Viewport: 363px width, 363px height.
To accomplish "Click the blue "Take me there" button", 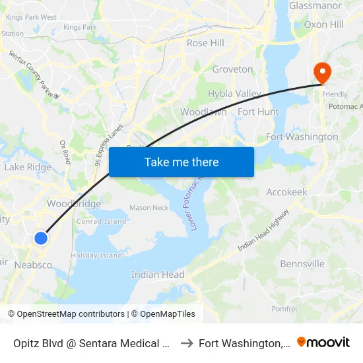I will (x=181, y=162).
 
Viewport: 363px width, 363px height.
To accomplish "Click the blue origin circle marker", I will (x=41, y=238).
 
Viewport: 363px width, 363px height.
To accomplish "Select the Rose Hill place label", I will (x=205, y=43).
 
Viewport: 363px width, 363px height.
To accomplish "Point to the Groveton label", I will (x=232, y=69).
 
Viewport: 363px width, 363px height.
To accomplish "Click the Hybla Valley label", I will (x=234, y=94).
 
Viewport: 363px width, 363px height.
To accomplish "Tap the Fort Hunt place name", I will (x=258, y=112).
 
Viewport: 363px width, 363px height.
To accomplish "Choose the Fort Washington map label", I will (x=302, y=137).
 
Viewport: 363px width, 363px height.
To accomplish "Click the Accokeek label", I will (x=286, y=192).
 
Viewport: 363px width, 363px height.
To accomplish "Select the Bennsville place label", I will (x=302, y=264).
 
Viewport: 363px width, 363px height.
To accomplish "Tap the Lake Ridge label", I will (x=28, y=167).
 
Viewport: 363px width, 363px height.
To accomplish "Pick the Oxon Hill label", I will (x=323, y=24).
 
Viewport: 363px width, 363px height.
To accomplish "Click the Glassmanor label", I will (x=315, y=6).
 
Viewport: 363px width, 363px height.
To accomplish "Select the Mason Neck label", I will (x=148, y=208).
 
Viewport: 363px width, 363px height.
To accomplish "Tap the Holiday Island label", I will (x=96, y=255).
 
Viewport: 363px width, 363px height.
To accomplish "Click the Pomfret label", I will (x=284, y=308).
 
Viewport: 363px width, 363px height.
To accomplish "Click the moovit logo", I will (x=323, y=343).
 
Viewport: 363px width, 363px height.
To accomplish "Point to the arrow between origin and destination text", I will (x=186, y=343).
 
